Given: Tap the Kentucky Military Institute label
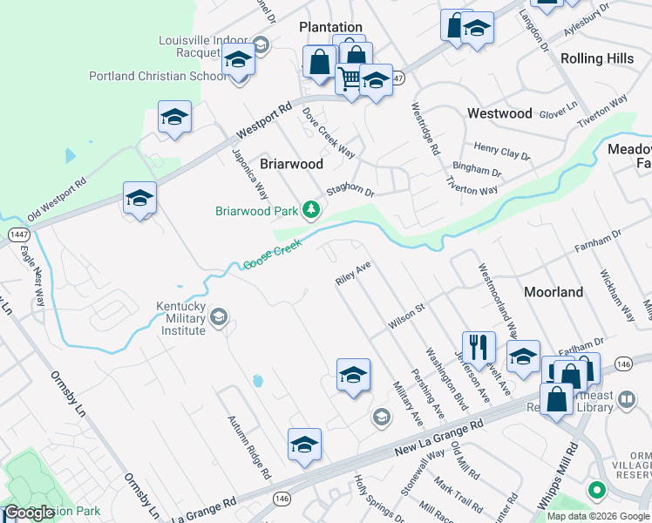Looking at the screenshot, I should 180,319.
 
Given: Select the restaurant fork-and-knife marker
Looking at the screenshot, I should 478,348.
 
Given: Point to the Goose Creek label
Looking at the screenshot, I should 272,255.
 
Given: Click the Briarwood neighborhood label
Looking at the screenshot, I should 291,164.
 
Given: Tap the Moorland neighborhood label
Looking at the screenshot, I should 554,292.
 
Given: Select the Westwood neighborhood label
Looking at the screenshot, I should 499,113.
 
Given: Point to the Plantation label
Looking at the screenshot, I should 330,28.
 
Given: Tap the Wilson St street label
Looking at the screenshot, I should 405,316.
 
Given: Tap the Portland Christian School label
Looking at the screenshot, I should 158,76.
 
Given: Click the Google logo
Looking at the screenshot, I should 29,513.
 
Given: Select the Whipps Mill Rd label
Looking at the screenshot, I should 570,472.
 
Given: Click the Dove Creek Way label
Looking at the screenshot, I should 329,132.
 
